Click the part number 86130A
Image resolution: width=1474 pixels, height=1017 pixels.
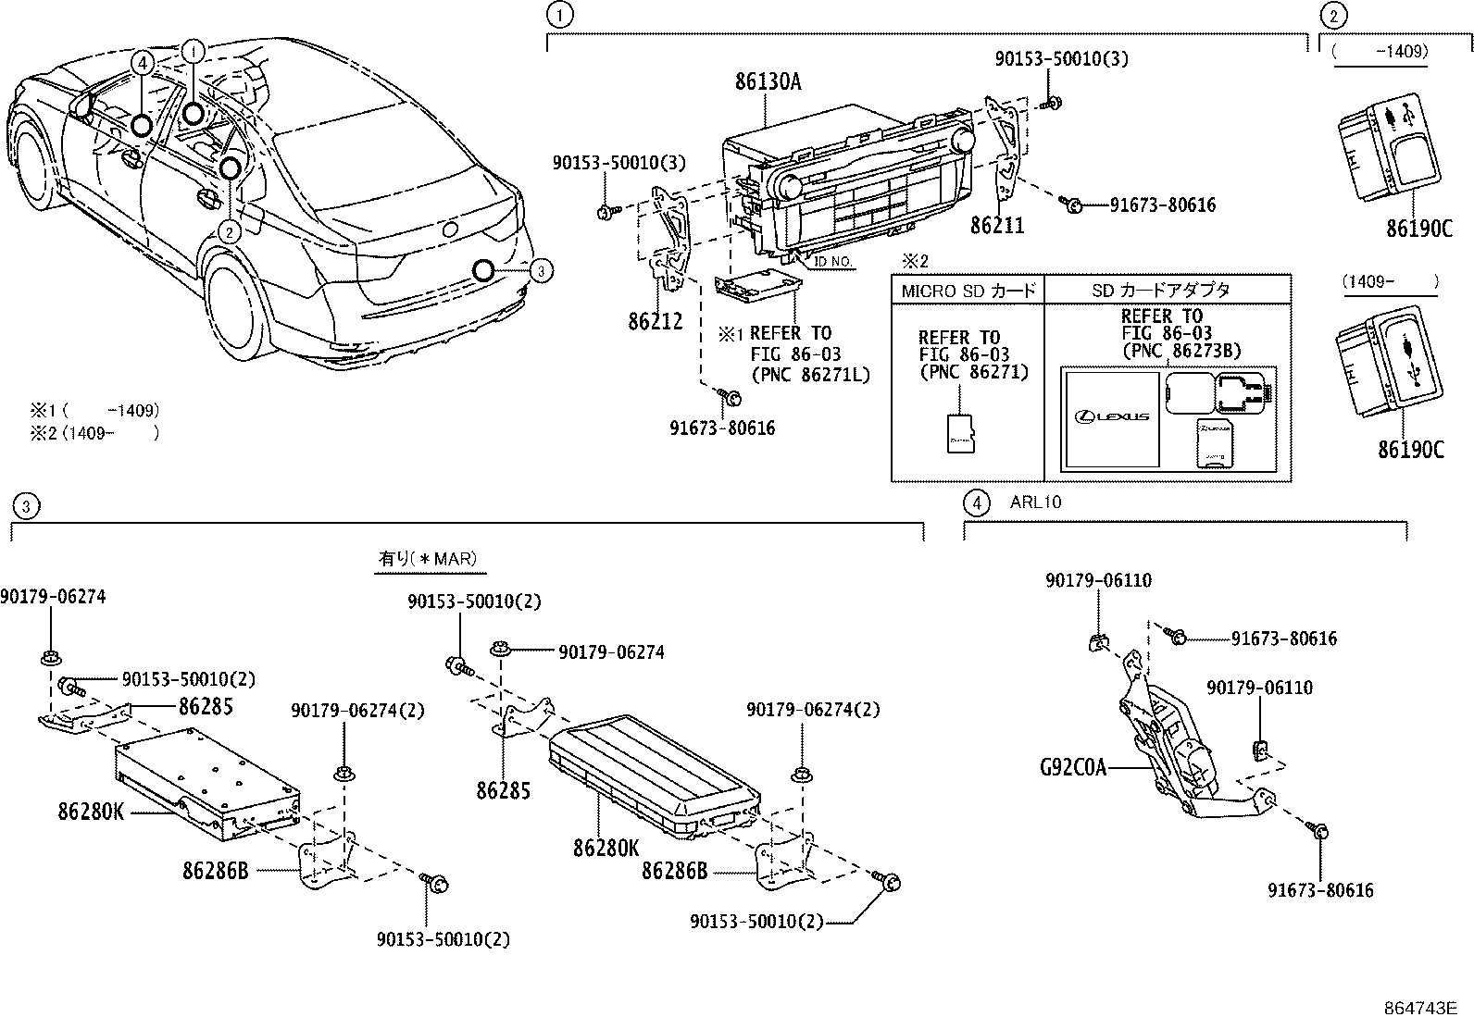pos(768,81)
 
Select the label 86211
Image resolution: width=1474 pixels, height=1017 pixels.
pos(996,226)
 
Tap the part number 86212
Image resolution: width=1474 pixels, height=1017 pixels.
pos(655,322)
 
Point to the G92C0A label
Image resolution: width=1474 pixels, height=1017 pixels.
pos(1072,767)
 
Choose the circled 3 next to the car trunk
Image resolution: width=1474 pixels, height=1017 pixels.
pos(543,270)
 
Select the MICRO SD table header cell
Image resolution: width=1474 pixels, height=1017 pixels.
pos(968,290)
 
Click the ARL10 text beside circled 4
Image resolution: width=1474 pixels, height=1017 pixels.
pos(1035,502)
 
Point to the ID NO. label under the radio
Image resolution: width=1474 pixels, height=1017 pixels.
pos(832,262)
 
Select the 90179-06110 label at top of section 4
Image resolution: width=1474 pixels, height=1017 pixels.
pos(1098,580)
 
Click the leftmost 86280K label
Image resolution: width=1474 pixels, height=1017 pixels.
pos(90,812)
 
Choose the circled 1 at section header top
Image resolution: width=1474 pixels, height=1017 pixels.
pos(558,14)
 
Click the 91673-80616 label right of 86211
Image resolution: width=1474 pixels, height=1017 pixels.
pos(1162,205)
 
